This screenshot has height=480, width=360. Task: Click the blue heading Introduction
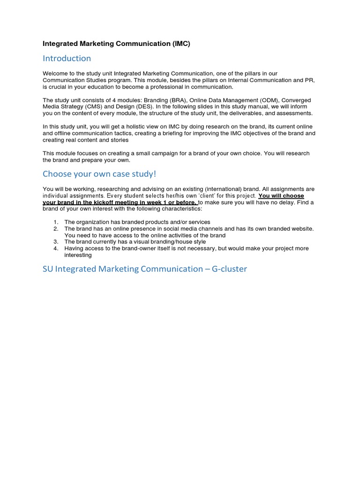(67, 59)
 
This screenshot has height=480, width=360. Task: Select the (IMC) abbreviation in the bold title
(181, 44)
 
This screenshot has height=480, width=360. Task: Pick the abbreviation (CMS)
(96, 107)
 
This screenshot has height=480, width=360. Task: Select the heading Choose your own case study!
(99, 174)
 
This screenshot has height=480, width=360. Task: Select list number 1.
(55, 222)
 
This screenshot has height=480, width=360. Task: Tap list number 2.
(55, 228)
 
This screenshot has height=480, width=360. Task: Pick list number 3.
(55, 241)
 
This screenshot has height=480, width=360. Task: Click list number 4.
(55, 248)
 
